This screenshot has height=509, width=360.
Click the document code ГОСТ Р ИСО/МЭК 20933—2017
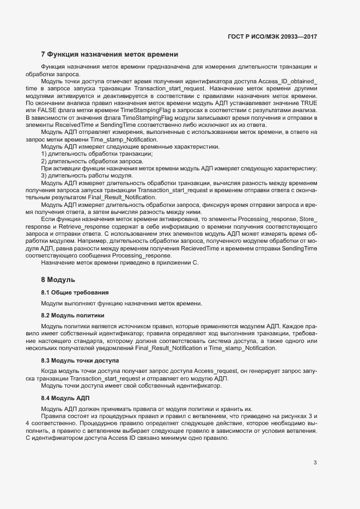(x=272, y=36)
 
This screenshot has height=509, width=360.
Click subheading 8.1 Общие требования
(x=75, y=292)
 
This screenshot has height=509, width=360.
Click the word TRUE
(x=309, y=102)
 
